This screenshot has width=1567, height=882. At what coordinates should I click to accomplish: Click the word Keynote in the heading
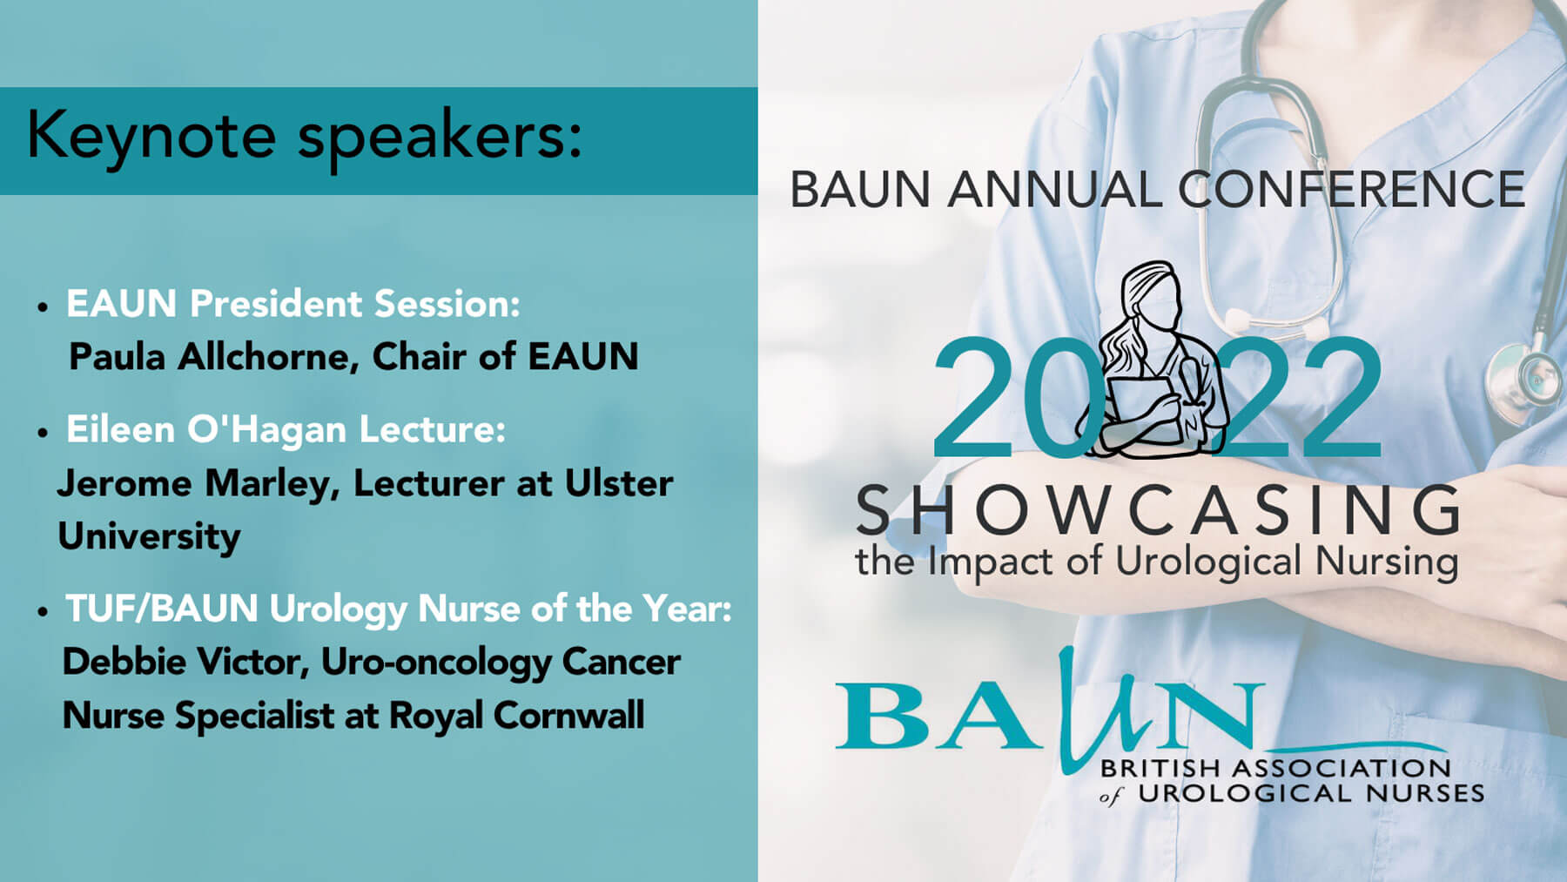pos(151,136)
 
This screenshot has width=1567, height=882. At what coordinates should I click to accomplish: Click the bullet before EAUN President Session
pos(43,307)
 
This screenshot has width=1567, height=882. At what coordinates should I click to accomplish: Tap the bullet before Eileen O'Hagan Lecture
pos(43,433)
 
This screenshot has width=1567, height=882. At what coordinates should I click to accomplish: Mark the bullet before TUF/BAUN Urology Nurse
pos(43,612)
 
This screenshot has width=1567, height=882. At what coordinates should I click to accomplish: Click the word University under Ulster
pos(149,537)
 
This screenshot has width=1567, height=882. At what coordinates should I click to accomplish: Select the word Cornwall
pos(568,716)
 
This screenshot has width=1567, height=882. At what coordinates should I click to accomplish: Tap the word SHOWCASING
pos(1159,510)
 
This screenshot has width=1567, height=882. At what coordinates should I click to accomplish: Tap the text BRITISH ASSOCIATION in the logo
pos(1275,769)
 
